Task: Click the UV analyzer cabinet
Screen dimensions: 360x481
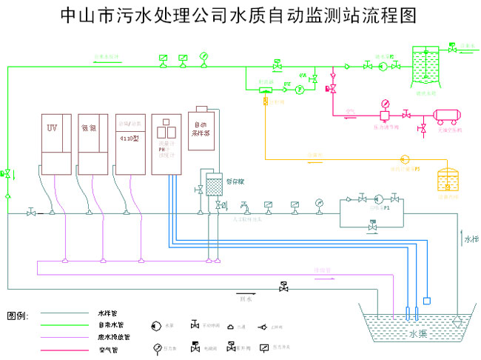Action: click(x=56, y=144)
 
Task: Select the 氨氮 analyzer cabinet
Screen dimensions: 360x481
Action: click(x=93, y=144)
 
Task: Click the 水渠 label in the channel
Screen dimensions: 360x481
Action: click(x=418, y=334)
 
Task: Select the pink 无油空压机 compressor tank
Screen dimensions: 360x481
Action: click(x=448, y=116)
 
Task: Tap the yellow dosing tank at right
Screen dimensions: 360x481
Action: click(x=448, y=181)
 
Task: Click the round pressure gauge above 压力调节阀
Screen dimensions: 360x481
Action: click(x=386, y=103)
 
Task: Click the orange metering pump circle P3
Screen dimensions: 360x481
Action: click(x=404, y=159)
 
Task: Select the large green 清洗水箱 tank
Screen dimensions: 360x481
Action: click(x=426, y=70)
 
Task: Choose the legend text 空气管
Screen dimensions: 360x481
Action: click(x=107, y=348)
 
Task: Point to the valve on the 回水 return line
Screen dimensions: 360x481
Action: click(x=283, y=287)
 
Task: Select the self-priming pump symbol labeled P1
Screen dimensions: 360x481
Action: click(x=378, y=199)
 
